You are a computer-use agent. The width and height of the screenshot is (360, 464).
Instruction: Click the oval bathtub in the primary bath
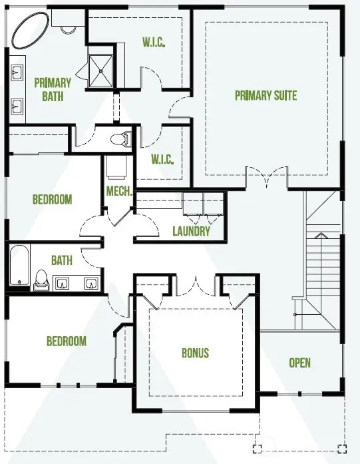(31, 31)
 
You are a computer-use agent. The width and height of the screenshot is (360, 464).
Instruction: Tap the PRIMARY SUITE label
(266, 96)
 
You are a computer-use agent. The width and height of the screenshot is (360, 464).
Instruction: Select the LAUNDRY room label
(192, 231)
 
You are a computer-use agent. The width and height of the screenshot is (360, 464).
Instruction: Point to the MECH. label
(118, 191)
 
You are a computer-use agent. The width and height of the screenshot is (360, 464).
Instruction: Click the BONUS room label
(195, 353)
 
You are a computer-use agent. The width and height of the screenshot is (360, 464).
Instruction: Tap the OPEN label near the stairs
(299, 363)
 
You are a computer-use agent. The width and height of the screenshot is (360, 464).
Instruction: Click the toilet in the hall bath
(41, 280)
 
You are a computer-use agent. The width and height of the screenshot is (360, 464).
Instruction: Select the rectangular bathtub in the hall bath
(19, 264)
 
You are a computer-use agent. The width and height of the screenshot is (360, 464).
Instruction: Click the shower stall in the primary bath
(101, 71)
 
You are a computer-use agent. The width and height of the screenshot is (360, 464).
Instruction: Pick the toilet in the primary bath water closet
(121, 138)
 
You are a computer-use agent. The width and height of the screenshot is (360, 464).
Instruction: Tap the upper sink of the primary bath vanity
(17, 73)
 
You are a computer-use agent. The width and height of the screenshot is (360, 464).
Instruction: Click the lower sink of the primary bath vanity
(17, 107)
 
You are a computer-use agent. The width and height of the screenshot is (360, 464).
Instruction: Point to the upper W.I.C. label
(154, 43)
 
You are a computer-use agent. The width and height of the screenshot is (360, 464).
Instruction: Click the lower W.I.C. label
(162, 159)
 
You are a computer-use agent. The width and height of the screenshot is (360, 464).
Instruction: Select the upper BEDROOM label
(52, 200)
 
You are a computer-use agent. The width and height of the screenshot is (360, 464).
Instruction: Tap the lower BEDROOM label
(67, 342)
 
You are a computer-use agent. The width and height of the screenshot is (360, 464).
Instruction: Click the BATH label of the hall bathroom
(62, 260)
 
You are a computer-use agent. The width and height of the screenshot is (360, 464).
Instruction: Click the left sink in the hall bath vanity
(61, 283)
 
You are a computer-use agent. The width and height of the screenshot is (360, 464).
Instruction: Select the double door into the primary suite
(267, 177)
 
